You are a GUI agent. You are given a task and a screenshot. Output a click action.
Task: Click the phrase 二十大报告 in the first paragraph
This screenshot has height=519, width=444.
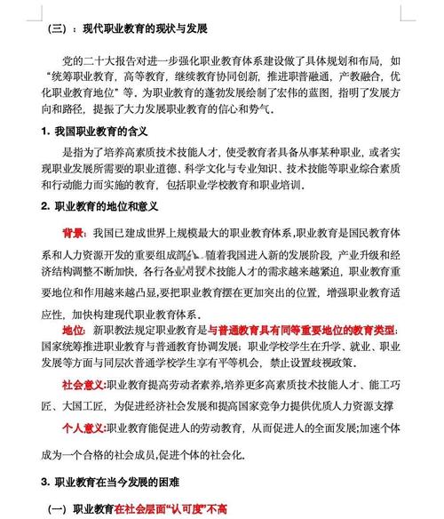(x=116, y=60)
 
